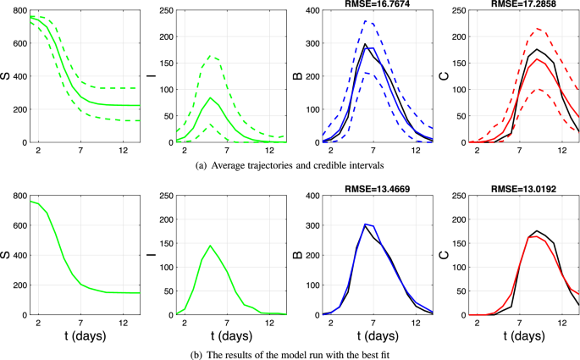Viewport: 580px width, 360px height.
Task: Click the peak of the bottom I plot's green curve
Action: click(x=209, y=246)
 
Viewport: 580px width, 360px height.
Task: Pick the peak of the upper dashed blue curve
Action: click(x=367, y=21)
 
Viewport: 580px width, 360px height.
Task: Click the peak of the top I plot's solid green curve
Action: click(x=210, y=97)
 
